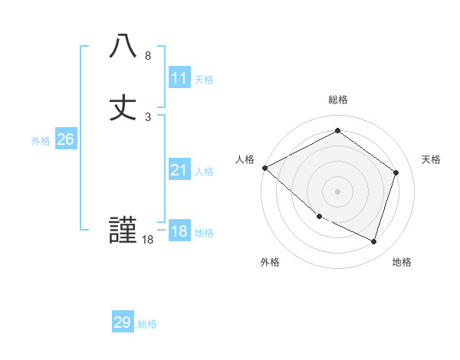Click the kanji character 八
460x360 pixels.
click(x=123, y=46)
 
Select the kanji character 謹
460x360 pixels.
click(x=123, y=231)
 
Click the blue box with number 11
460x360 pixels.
click(x=179, y=78)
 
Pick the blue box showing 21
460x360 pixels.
click(x=179, y=170)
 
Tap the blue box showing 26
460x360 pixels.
click(x=65, y=139)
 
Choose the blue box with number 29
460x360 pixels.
click(x=123, y=322)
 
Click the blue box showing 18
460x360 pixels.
click(x=179, y=231)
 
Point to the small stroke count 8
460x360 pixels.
click(x=148, y=56)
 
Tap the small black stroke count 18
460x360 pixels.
click(x=148, y=241)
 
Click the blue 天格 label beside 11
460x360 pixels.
click(x=204, y=80)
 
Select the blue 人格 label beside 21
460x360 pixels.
click(x=204, y=172)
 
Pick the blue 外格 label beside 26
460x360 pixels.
click(x=41, y=141)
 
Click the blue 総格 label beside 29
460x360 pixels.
click(x=147, y=324)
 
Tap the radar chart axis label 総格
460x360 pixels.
click(x=338, y=100)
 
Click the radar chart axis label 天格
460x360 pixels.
click(x=432, y=159)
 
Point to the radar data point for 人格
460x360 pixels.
click(x=264, y=168)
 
